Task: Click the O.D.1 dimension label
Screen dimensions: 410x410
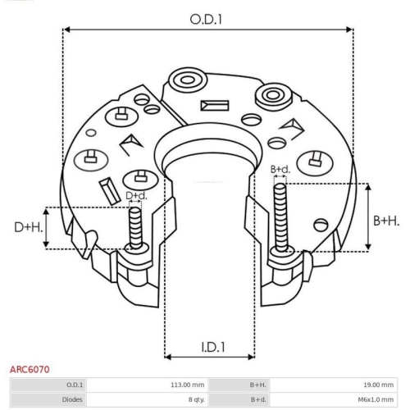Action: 207,18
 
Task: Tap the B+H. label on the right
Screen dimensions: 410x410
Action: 387,220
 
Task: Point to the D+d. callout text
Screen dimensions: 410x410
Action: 136,195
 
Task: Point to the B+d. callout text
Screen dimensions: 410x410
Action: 280,169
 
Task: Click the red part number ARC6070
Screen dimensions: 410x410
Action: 29,370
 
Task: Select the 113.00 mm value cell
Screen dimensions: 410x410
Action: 186,384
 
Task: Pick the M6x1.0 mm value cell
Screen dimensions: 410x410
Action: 376,399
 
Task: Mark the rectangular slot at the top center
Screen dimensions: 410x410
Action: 212,105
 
